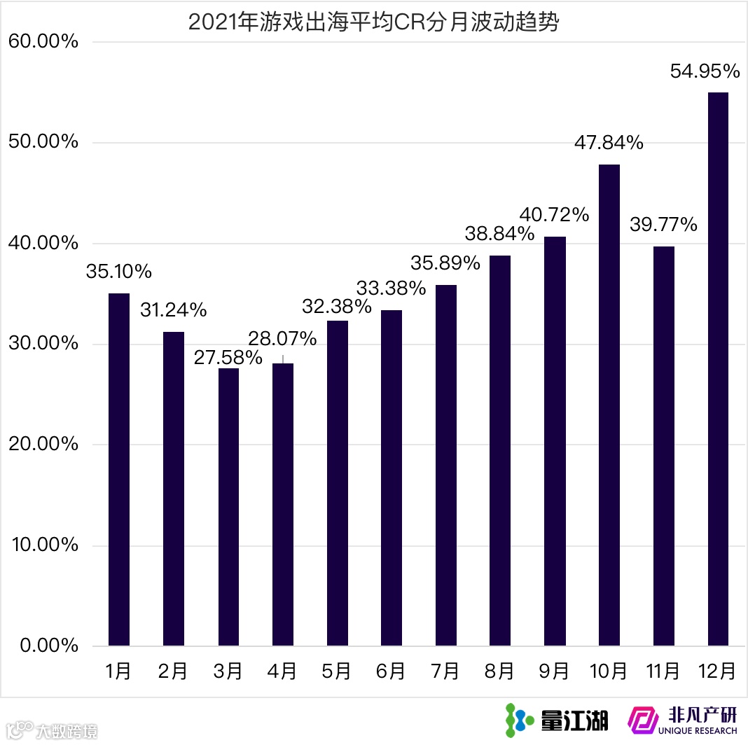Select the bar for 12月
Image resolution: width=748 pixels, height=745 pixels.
[x=718, y=369]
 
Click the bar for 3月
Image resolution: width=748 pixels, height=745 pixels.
[x=228, y=507]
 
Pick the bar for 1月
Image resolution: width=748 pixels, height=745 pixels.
[x=119, y=469]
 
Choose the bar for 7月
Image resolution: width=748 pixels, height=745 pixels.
[x=446, y=465]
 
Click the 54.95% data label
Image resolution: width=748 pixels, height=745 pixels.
[x=705, y=71]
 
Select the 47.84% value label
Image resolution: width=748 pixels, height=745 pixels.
[x=609, y=143]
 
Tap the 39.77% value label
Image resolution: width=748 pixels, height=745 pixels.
[x=663, y=225]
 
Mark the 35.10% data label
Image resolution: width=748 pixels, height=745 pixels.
[x=119, y=272]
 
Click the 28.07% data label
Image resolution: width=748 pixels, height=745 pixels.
[x=283, y=339]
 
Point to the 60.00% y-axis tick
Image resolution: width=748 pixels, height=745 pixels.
[x=43, y=42]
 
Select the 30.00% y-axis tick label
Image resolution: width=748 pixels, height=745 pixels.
[x=43, y=344]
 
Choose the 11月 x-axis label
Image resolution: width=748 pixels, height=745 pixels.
[x=663, y=671]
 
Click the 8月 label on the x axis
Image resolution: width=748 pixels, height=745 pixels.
[x=500, y=671]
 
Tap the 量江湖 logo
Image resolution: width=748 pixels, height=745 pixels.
[x=557, y=719]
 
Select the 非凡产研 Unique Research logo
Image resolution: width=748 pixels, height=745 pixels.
[x=682, y=720]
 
